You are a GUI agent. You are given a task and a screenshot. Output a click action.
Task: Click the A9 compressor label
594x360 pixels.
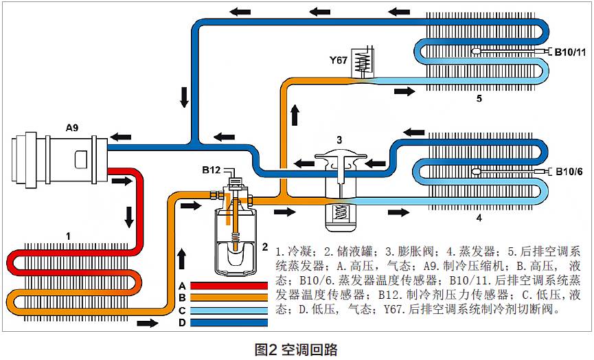point(73,127)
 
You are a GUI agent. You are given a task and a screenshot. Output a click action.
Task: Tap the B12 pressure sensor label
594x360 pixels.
point(211,170)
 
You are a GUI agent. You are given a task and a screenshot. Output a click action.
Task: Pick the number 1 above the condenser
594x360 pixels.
point(68,236)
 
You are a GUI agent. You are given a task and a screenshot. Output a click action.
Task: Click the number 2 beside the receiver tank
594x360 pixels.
point(265,245)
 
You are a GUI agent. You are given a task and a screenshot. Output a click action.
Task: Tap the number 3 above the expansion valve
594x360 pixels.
point(339,139)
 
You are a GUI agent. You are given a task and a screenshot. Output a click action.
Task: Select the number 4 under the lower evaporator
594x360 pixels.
point(479,221)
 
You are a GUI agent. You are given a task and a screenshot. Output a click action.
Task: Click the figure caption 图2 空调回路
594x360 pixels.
point(296,348)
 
